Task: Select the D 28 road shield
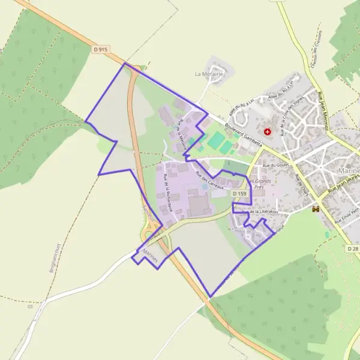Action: click(353, 248)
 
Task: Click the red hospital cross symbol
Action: click(267, 131)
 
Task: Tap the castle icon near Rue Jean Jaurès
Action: click(316, 209)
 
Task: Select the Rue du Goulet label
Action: click(276, 165)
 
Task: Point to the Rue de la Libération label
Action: click(264, 212)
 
